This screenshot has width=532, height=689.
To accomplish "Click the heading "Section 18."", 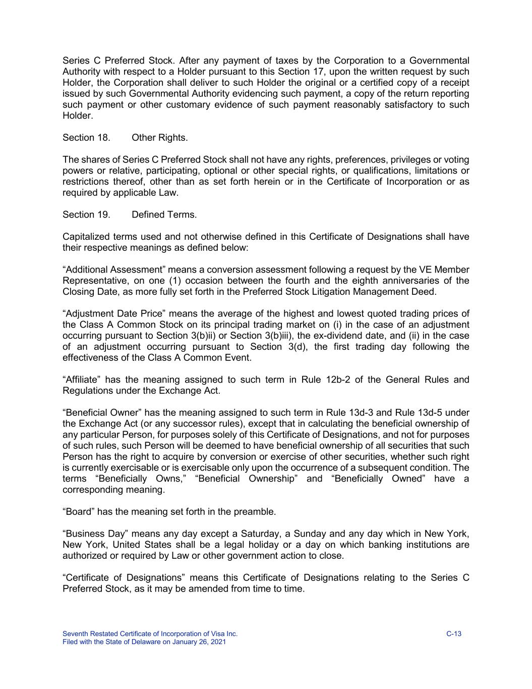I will tap(86, 138).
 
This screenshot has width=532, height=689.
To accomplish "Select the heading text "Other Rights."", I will tap(159, 138).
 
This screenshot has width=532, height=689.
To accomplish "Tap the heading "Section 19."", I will tap(86, 215).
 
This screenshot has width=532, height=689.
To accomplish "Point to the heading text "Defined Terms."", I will tap(164, 215).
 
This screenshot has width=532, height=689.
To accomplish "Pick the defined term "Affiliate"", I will tap(81, 380).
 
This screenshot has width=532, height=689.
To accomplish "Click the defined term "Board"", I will tap(79, 512).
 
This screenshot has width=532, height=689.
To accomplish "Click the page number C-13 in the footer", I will tap(454, 634).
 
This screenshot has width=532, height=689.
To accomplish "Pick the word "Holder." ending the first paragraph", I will tap(78, 116).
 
